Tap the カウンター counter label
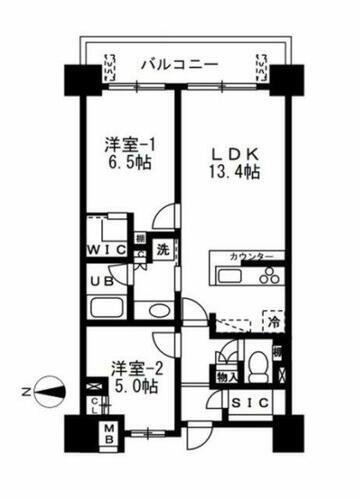[x=251, y=257]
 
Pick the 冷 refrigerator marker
[x=271, y=322]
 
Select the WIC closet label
[x=105, y=249]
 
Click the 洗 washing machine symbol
[x=161, y=250]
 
